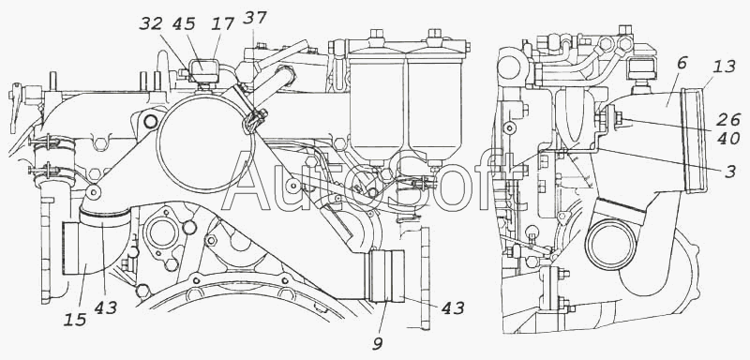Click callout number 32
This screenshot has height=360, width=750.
[151, 23]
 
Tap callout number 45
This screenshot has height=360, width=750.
[185, 23]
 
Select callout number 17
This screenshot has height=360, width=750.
[223, 23]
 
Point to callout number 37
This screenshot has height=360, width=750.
[255, 18]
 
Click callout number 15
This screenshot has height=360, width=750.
[75, 320]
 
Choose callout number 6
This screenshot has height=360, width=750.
[682, 63]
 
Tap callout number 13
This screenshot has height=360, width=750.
[724, 67]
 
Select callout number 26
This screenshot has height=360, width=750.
[728, 119]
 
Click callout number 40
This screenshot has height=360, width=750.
[728, 139]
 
